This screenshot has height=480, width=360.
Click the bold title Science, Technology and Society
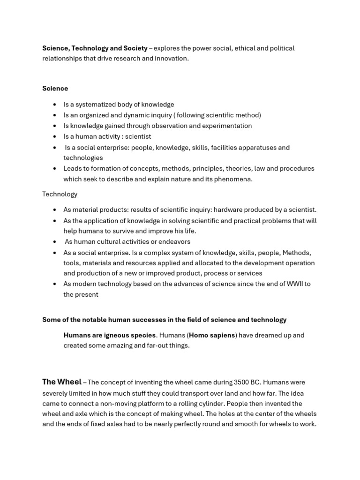coord(95,48)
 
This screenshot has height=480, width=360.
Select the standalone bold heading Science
coord(55,88)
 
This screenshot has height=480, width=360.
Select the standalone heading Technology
coord(60,194)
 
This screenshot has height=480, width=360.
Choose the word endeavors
coord(173,242)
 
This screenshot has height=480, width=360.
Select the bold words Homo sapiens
coord(211,335)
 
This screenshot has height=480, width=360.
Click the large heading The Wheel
coord(62,382)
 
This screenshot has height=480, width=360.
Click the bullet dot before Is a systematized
coord(55,105)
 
